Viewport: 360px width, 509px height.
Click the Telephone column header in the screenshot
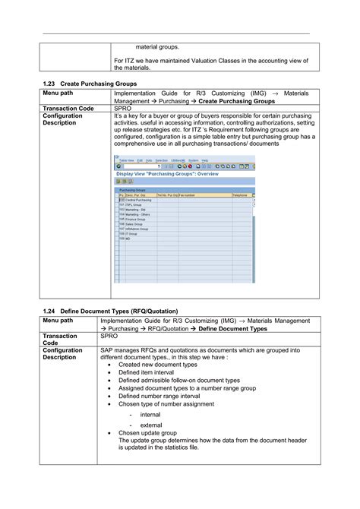(240, 195)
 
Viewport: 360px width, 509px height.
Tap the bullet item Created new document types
(158, 365)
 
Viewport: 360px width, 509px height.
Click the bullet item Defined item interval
(147, 373)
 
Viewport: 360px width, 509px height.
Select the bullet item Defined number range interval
(159, 397)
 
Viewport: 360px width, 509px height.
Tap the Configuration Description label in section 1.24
(64, 353)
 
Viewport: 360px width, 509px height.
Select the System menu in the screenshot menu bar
(193, 160)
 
